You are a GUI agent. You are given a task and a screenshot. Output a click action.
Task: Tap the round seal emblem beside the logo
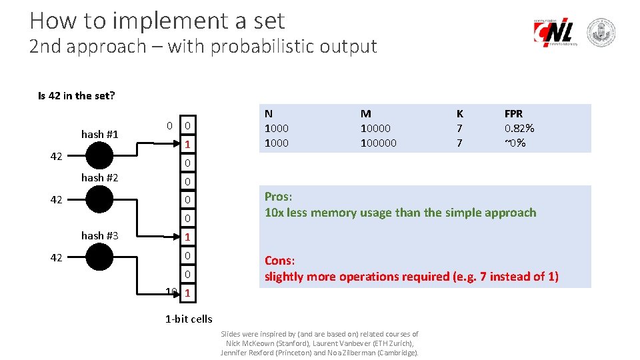coord(601,33)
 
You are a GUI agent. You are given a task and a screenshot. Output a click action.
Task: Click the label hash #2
coord(99,177)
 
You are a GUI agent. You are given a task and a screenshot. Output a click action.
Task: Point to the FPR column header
coord(513,114)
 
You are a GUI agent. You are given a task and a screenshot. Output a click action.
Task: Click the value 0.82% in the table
coord(519,128)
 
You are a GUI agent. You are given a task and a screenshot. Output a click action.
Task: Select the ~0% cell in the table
coord(515,143)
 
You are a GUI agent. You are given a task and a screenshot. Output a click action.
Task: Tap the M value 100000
coord(378,143)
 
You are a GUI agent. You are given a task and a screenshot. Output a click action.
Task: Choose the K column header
coord(459,114)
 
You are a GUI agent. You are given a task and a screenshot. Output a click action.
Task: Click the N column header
coord(269,114)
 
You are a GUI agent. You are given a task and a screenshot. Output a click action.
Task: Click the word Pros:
coord(279,197)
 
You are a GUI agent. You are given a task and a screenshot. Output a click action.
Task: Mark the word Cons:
coord(280,261)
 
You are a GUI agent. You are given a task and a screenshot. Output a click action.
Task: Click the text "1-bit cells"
coord(189,319)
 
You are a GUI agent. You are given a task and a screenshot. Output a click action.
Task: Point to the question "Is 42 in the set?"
coord(76,95)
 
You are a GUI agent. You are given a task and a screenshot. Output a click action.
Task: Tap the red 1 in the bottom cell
coord(188,293)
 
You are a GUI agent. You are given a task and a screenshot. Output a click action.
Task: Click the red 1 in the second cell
coord(188,144)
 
